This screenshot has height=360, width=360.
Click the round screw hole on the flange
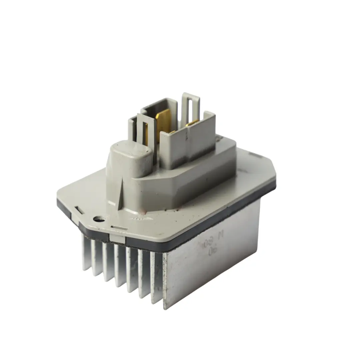pyautogui.click(x=98, y=219)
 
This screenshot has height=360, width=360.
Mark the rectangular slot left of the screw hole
pyautogui.click(x=79, y=210)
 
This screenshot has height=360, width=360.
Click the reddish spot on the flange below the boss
pyautogui.click(x=142, y=211)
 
